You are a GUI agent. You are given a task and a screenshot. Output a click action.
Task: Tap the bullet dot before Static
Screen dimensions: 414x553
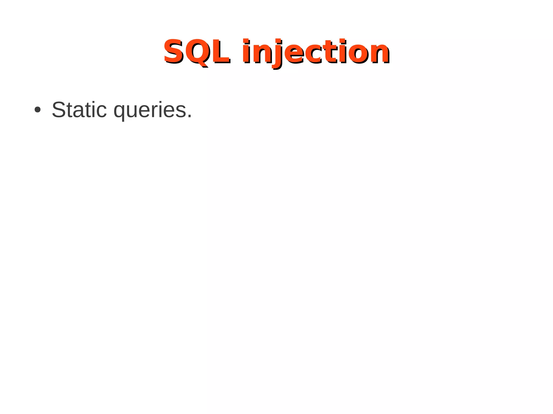pyautogui.click(x=38, y=110)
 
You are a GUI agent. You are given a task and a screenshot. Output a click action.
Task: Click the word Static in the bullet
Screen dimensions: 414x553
pyautogui.click(x=79, y=110)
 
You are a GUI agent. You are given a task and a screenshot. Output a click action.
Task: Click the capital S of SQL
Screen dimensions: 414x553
pyautogui.click(x=174, y=51)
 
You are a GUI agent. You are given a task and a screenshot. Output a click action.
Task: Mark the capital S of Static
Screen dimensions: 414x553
pyautogui.click(x=59, y=110)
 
